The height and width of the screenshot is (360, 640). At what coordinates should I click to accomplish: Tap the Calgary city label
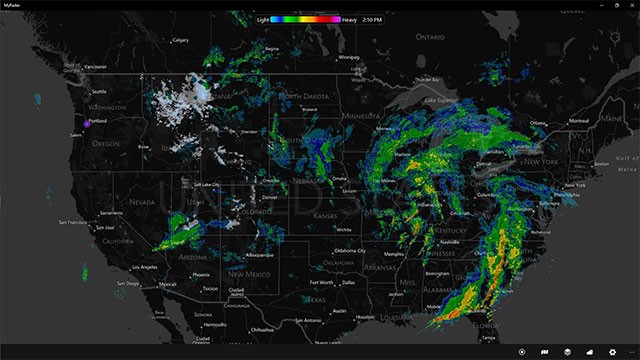(181, 40)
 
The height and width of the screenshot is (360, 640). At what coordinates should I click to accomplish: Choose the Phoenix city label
(200, 274)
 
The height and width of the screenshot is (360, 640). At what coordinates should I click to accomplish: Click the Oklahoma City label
(351, 250)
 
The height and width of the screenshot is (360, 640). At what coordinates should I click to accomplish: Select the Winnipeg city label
(348, 57)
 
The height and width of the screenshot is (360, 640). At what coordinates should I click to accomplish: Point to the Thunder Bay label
(426, 79)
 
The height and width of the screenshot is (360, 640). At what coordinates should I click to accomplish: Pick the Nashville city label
(449, 241)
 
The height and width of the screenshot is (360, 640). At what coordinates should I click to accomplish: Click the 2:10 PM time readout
(371, 19)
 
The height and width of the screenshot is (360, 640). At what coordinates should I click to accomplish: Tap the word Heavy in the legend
(349, 19)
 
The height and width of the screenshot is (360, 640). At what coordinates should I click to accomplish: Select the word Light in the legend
(263, 19)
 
